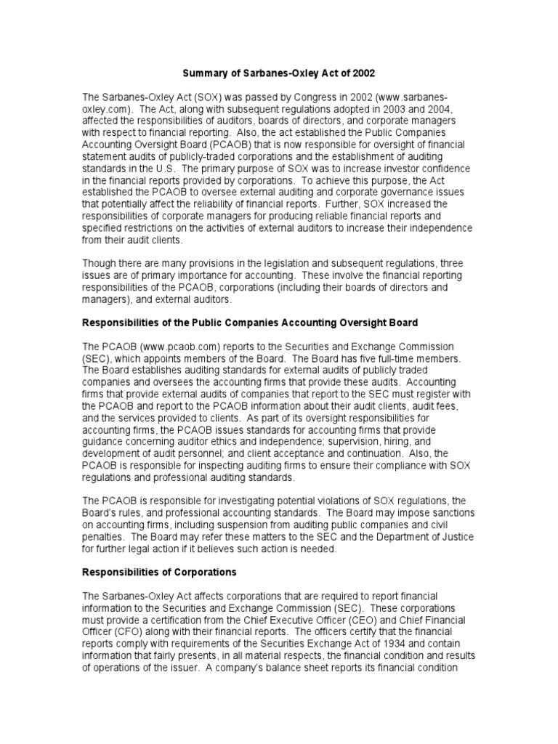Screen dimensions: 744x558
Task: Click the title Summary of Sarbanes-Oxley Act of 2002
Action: [278, 73]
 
